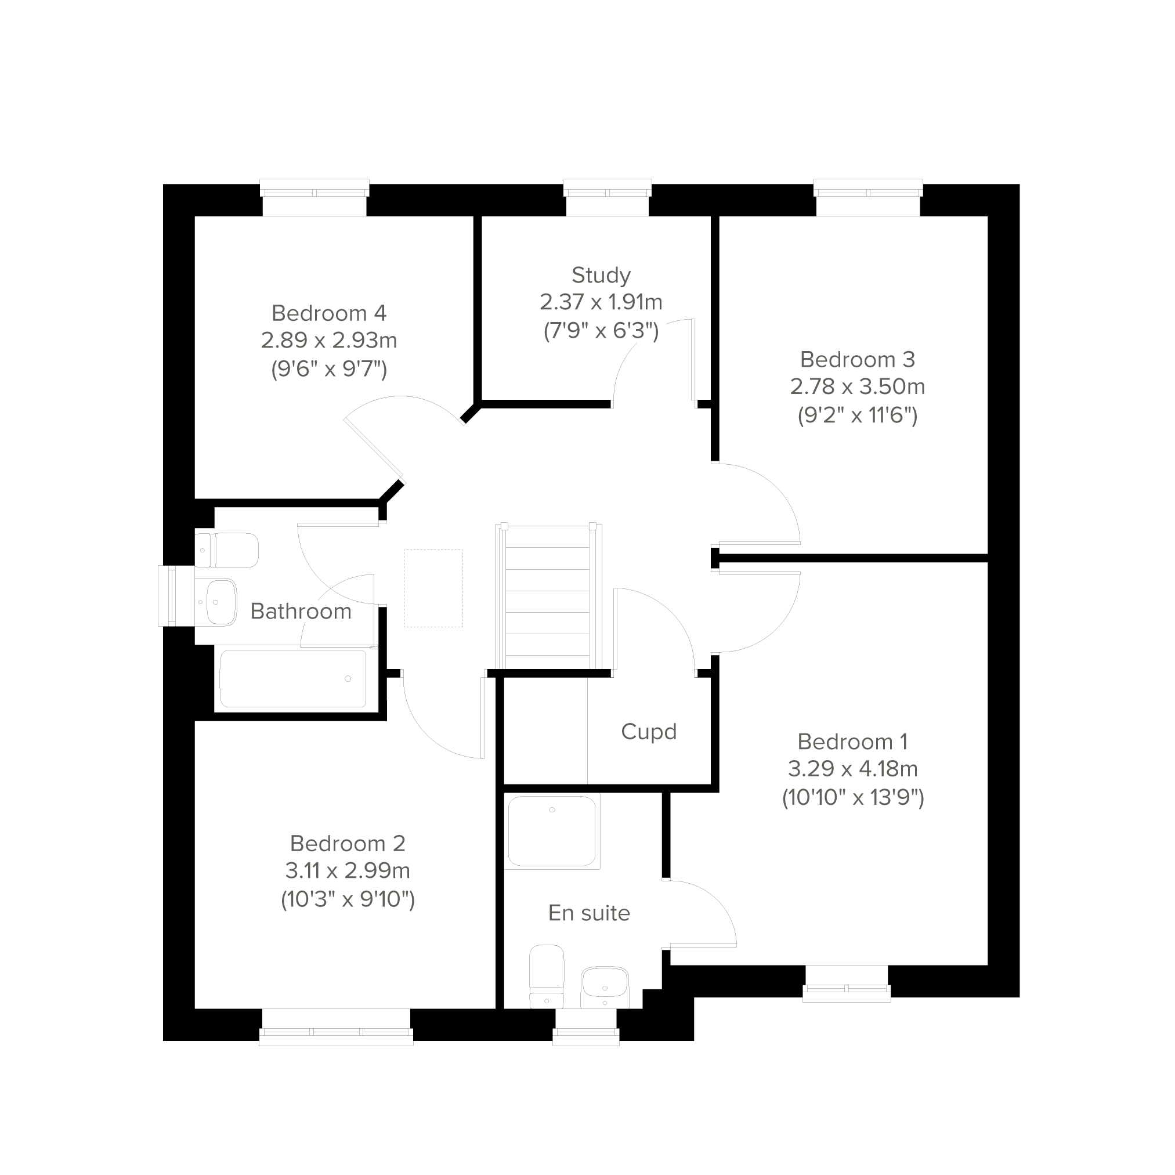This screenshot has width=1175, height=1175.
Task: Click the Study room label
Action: (601, 276)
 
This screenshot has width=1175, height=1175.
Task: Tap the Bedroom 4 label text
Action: (329, 313)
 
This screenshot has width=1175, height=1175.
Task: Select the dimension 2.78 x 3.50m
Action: (858, 387)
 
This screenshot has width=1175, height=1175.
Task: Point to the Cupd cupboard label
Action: (649, 732)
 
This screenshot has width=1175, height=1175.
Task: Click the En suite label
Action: (589, 913)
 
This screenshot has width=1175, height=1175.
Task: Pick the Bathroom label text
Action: (301, 611)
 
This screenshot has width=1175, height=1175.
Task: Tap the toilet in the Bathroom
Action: (227, 551)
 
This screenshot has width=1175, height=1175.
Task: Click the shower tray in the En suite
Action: (552, 831)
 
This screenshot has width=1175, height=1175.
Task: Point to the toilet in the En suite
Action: (547, 976)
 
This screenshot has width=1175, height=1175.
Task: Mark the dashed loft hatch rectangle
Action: (433, 588)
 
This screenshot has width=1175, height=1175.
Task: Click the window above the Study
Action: (608, 197)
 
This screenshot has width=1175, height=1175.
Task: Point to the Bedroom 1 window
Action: (847, 984)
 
